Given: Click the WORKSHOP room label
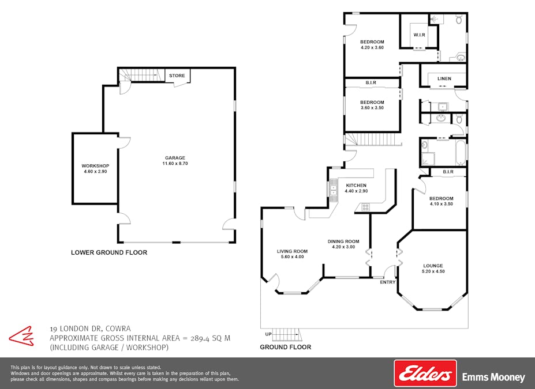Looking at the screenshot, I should (x=95, y=166).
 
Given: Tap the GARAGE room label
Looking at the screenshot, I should (x=175, y=158).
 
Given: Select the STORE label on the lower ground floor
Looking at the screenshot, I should (x=177, y=75).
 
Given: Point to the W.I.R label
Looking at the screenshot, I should (x=420, y=35).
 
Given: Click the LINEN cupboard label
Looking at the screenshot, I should (x=444, y=78).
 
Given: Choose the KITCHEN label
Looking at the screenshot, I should (x=356, y=185).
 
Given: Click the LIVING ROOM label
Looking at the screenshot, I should (x=292, y=251).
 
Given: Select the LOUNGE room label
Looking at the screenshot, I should (x=433, y=266).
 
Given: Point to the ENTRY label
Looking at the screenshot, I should (x=388, y=282).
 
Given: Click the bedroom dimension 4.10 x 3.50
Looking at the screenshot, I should (x=442, y=204).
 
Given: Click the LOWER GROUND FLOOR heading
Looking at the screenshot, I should (x=109, y=252).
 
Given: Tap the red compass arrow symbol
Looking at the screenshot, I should (x=21, y=336).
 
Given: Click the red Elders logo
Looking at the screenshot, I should (x=425, y=373).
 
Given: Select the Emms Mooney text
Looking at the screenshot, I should (x=493, y=377).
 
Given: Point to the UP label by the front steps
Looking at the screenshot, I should (x=268, y=334).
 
